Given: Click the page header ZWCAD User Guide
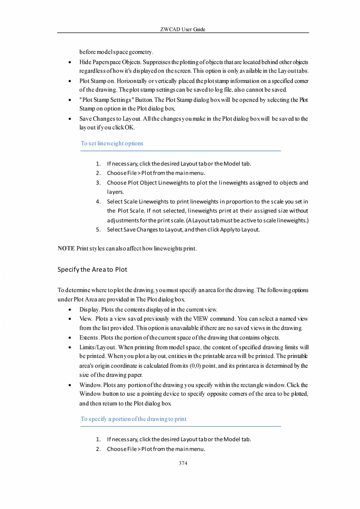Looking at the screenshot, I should point(183,29).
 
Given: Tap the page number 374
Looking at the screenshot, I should point(183,463).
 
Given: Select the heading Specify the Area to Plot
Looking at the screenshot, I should point(92,269).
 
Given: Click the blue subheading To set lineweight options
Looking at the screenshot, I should point(112,143).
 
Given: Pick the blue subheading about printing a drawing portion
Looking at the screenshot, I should point(133,419).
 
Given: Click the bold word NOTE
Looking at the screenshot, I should point(66,249).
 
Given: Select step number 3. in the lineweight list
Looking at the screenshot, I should point(99,183).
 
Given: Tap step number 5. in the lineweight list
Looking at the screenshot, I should point(99,230).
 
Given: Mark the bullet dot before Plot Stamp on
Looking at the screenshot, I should point(69,81).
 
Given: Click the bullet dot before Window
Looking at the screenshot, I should point(69,385).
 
